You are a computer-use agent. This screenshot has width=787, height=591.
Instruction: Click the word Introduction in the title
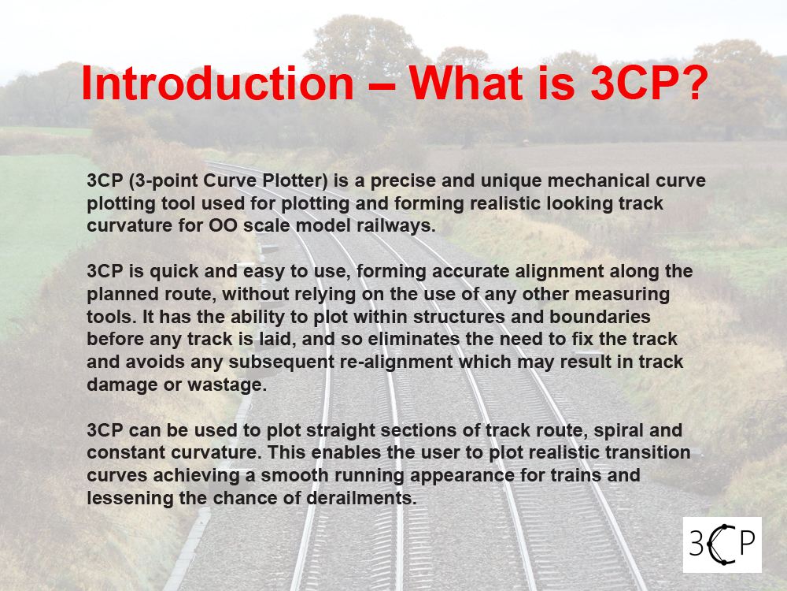218,83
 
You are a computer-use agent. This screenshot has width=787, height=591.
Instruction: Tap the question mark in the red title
695,83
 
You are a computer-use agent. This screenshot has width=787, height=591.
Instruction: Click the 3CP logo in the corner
722,545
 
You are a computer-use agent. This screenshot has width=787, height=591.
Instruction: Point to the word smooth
294,475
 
